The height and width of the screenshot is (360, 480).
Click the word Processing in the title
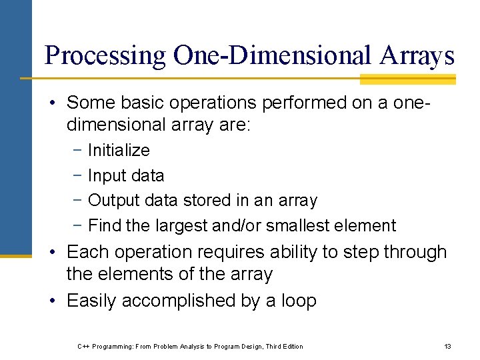click(105, 55)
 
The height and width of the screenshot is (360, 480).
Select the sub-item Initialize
click(119, 151)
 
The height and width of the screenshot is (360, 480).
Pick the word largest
click(181, 226)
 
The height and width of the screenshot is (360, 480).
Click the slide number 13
click(447, 346)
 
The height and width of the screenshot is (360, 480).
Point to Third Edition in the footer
click(284, 346)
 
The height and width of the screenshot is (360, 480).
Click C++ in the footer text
click(84, 346)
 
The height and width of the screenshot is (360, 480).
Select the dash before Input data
click(78, 176)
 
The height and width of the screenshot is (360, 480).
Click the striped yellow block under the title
click(407, 79)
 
